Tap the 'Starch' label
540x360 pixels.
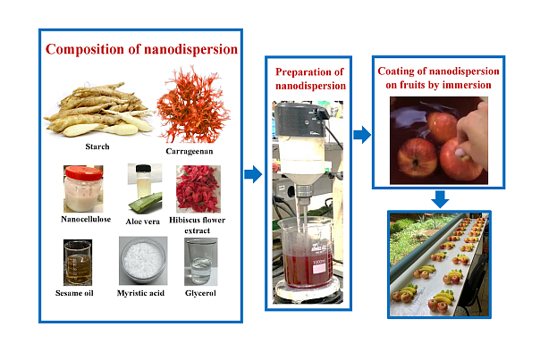tap(97, 146)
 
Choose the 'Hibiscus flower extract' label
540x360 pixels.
tap(200, 223)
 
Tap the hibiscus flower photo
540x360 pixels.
tap(199, 188)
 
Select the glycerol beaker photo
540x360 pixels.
tap(200, 262)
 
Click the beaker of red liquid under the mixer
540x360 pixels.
tap(307, 252)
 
